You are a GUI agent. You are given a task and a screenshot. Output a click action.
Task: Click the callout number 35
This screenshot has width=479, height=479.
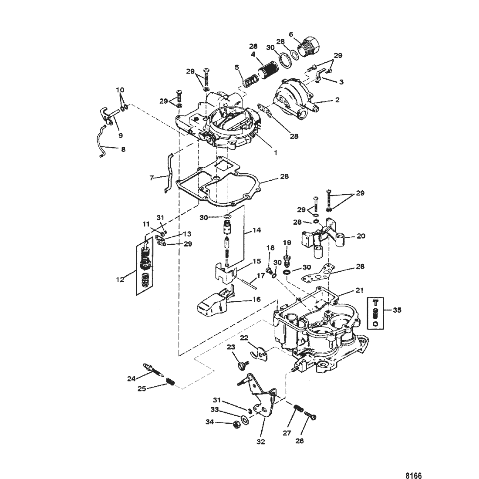[x=397, y=310]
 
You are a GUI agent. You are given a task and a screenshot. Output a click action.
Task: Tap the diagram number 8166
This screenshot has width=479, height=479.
[x=413, y=476]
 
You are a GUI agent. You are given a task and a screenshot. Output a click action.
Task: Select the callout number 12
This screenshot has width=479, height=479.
[x=120, y=279]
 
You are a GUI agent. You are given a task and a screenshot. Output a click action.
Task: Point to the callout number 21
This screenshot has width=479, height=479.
[x=360, y=290]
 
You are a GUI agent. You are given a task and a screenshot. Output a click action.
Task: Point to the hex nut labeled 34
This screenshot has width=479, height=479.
[x=236, y=425]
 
